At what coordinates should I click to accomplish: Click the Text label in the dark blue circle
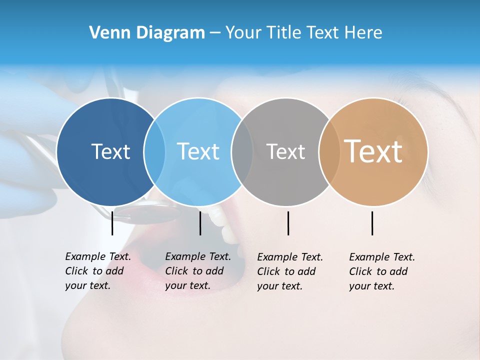pos(110,151)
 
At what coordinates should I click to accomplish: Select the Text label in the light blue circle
pos(198,151)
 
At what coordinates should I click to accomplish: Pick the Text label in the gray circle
pos(285,151)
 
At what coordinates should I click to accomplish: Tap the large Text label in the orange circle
pos(373,151)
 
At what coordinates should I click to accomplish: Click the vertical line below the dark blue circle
pos(112,223)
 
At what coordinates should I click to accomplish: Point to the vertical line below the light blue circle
pos(200,223)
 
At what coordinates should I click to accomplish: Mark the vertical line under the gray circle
pos(288,223)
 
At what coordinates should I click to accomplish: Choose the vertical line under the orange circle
pos(372,223)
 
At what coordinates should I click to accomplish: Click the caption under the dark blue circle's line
pos(98,271)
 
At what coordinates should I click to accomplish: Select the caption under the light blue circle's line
pos(198,271)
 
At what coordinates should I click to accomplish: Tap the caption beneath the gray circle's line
pos(290,271)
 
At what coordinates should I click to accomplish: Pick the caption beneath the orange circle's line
pos(382,271)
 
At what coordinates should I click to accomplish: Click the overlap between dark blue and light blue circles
pos(154,151)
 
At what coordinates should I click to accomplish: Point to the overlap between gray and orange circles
pos(329,151)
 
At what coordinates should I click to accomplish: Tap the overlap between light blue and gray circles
pos(242,151)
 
